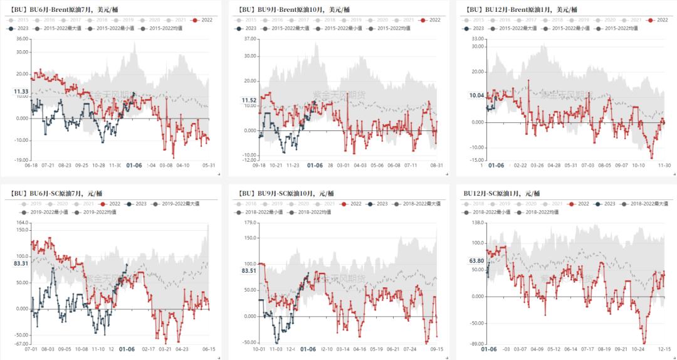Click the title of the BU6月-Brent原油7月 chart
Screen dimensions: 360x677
54,9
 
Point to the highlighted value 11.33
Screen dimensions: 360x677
21,92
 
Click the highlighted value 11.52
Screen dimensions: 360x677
249,100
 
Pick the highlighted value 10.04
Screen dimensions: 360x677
477,95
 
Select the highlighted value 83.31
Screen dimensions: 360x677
21,263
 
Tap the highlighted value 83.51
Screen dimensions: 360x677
249,271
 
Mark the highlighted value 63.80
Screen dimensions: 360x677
476,261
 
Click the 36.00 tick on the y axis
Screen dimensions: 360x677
21,39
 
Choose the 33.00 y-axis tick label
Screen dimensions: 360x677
478,39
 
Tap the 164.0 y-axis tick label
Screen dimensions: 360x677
22,223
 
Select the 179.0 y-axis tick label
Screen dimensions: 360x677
250,238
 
